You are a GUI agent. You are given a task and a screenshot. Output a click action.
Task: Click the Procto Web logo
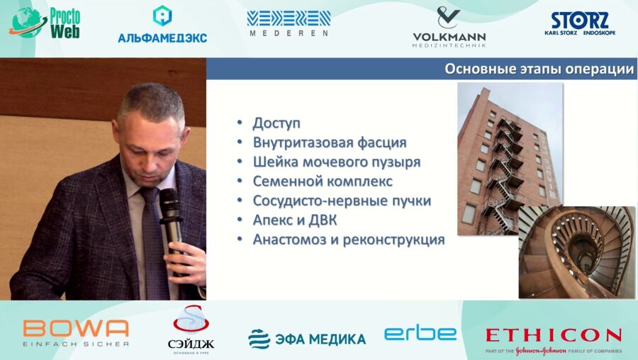coord(45,23)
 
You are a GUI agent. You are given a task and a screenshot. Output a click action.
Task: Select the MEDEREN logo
coord(289,23)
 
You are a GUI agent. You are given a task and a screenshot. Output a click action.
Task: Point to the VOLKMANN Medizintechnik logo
coord(449,28)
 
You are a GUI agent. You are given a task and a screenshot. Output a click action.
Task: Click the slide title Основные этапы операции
coord(538,69)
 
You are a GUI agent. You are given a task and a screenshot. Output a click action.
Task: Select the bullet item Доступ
coord(276,123)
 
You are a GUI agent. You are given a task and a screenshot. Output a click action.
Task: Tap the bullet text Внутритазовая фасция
coord(330,142)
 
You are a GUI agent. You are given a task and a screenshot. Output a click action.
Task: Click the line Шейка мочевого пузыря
coord(337,162)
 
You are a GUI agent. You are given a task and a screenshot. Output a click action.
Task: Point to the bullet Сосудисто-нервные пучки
coord(342,201)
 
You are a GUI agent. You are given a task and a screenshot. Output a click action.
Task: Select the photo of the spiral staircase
coord(576,252)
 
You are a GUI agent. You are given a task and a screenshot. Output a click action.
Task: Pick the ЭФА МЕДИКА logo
coord(307,339)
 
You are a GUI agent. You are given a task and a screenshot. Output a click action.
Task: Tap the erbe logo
coord(420,334)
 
